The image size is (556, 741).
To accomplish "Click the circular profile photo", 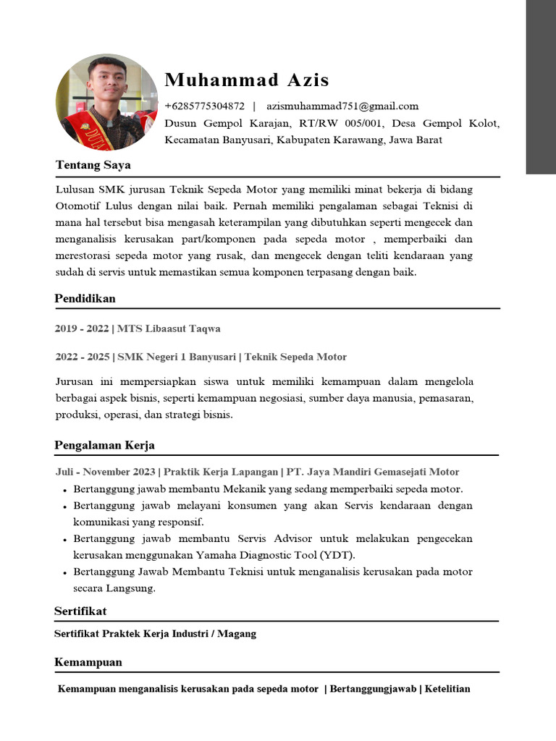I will [107, 102].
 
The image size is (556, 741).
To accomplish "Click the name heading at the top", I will [247, 80].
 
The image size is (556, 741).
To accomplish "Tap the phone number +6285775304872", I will [205, 106].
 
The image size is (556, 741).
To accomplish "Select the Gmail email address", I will [342, 106].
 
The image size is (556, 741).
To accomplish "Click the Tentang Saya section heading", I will [93, 165].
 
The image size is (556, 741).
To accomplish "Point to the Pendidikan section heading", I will [85, 298].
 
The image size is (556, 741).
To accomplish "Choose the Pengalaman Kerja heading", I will [104, 445].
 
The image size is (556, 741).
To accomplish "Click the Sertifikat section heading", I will [80, 611].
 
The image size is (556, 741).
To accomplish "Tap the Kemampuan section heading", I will [88, 662].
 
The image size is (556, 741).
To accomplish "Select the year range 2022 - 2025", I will [83, 357].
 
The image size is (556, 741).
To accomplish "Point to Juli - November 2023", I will [105, 472].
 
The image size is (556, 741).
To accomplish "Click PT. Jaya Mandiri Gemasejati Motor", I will [373, 472].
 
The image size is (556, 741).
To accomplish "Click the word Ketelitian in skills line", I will [447, 689].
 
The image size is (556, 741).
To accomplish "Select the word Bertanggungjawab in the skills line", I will [373, 689].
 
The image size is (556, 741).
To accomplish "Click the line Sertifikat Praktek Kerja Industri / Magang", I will [155, 634].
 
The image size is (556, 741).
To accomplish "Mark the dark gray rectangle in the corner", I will [540, 87].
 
